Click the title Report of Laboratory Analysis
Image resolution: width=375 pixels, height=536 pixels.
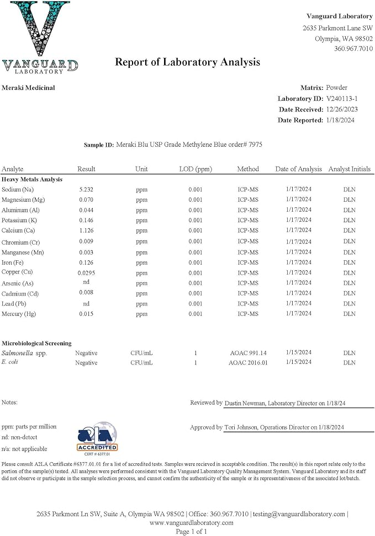tap(187, 62)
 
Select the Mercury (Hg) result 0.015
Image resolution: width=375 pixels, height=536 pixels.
tap(86, 314)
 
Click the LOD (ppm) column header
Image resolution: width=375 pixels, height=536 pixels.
tap(196, 169)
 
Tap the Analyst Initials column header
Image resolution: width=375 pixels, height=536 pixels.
tap(349, 169)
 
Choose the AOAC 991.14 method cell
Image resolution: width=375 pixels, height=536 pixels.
tap(247, 352)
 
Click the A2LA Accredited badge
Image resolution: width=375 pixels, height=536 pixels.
tap(96, 438)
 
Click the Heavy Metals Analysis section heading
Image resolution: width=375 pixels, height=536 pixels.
tap(32, 179)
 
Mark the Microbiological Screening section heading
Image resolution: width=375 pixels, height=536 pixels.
tap(36, 343)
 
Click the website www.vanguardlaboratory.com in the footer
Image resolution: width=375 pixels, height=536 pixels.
tap(191, 523)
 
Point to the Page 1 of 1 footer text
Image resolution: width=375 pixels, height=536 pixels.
tap(191, 532)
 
